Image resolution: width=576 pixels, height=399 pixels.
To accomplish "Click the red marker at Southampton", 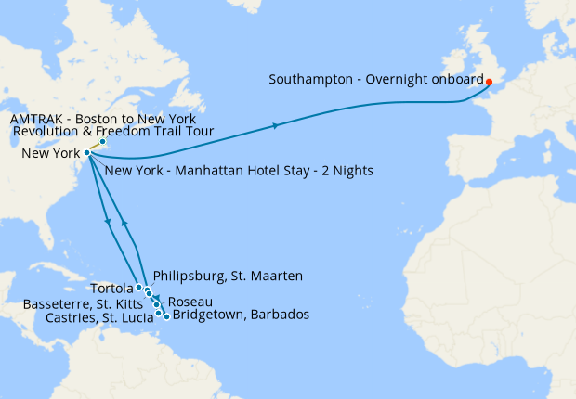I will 489,82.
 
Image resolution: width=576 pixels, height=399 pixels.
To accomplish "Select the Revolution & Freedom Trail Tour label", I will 113,133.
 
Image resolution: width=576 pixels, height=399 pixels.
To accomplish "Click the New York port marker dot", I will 86,152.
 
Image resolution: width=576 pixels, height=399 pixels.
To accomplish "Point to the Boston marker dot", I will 102,142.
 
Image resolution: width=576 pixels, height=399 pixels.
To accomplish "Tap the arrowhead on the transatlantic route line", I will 275,125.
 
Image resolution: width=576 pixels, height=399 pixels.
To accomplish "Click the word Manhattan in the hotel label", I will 201,171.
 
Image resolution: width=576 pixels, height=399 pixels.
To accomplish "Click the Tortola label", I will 113,288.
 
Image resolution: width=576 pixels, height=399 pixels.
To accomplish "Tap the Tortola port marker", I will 138,288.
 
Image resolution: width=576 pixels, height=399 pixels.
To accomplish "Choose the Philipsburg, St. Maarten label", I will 228,276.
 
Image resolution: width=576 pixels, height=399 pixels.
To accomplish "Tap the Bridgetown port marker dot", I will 166,316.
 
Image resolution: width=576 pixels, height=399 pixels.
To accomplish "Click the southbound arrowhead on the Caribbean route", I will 110,222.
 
